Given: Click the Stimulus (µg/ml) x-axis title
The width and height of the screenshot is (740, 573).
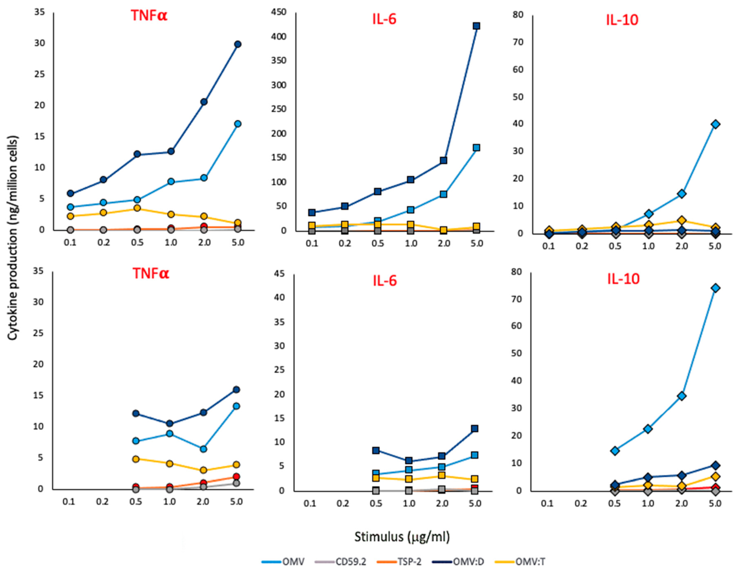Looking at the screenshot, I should (x=402, y=537).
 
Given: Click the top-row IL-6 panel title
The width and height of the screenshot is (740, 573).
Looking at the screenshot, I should (x=384, y=19).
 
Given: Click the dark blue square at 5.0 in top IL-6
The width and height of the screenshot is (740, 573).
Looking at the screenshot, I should (x=476, y=26).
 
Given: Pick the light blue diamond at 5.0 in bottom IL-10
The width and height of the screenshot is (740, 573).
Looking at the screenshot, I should (x=716, y=288).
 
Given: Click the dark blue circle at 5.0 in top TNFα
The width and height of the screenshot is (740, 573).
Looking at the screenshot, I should (x=238, y=44).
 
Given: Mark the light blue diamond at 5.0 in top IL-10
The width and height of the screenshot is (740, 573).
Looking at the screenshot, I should (x=716, y=124).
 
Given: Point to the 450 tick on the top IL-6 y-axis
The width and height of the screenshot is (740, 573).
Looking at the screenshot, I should (x=280, y=12).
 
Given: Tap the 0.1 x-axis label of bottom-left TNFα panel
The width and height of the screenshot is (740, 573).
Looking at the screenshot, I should (x=69, y=502).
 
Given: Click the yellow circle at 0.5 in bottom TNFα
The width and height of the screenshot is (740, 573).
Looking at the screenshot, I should (x=136, y=459).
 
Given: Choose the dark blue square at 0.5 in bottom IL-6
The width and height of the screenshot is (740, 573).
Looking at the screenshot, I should (x=376, y=450).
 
